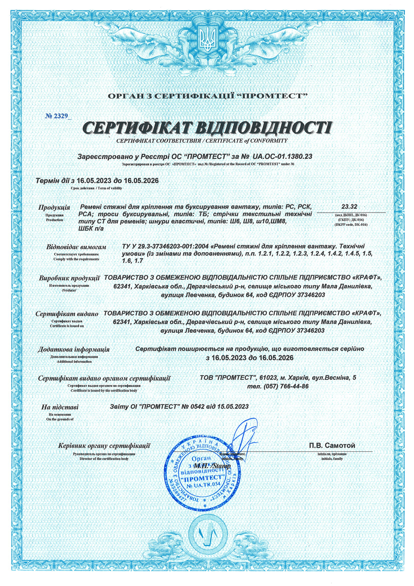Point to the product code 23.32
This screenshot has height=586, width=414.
(x=349, y=207)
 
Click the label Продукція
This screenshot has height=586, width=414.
(x=54, y=208)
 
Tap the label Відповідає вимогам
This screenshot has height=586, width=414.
(x=76, y=247)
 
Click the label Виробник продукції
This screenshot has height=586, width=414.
(x=69, y=278)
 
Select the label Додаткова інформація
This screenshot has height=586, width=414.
(x=74, y=349)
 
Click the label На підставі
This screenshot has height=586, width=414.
(x=60, y=407)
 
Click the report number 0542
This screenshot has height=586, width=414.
(x=197, y=406)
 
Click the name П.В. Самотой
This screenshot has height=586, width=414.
(x=332, y=445)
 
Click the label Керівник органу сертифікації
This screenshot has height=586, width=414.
(x=104, y=446)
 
